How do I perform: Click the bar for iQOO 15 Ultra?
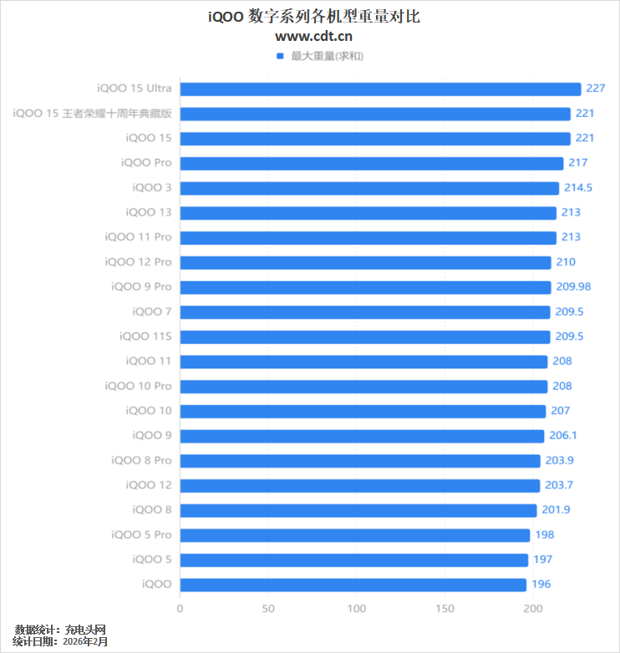pos(380,89)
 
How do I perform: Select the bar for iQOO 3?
pos(369,188)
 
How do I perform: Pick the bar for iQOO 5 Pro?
pos(355,535)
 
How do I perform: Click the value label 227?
pos(596,89)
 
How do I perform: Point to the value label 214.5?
pos(578,188)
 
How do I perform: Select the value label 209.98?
pos(573,286)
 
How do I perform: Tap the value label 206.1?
pos(564,435)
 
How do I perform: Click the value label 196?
pos(541,585)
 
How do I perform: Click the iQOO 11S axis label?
pos(145,337)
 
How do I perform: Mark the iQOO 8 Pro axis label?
pos(141,460)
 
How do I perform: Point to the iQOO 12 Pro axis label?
pos(138,262)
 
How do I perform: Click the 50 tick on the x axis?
pos(268,609)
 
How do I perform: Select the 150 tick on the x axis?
pos(445,609)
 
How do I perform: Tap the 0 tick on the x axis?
pos(180,609)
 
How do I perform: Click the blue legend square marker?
pos(280,56)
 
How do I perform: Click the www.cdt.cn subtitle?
pos(313,36)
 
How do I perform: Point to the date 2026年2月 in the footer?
pos(85,641)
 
